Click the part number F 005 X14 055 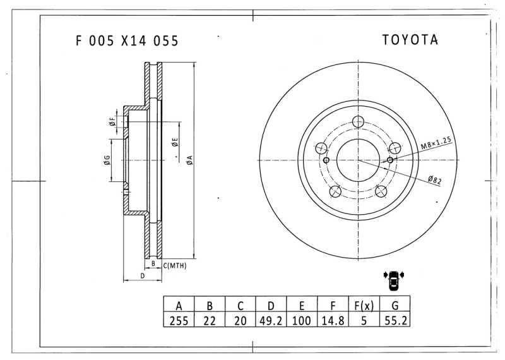tap(127, 41)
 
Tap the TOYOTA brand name tap(410, 40)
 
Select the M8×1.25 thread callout tap(436, 143)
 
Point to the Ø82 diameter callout tap(434, 179)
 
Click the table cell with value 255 tap(179, 320)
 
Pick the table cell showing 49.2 tap(271, 320)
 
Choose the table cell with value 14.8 tap(333, 320)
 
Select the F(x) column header tap(364, 305)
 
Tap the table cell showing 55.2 tap(395, 320)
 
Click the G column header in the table tap(395, 305)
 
